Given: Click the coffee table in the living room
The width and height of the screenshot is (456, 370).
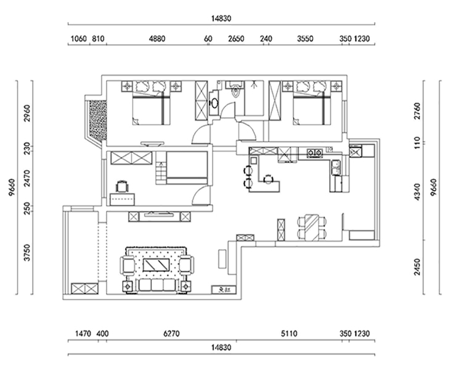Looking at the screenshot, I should pyautogui.click(x=156, y=266).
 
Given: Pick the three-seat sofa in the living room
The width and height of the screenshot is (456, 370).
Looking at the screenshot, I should pyautogui.click(x=156, y=286).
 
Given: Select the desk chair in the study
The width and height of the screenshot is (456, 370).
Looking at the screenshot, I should pyautogui.click(x=121, y=184).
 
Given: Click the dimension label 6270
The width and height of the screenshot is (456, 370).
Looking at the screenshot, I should pyautogui.click(x=172, y=334).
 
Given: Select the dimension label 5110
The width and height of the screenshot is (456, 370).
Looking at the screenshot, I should pyautogui.click(x=288, y=334).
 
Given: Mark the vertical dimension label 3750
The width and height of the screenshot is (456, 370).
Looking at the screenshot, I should pyautogui.click(x=26, y=253).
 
